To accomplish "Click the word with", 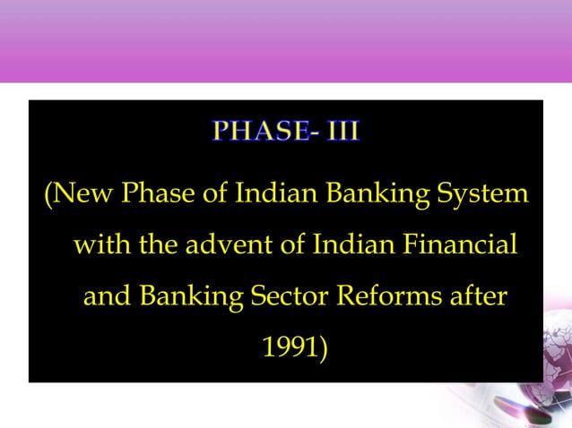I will point(102,244).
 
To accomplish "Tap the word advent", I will point(231,244).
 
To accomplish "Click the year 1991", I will point(289,347).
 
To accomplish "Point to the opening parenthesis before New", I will point(48,195).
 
